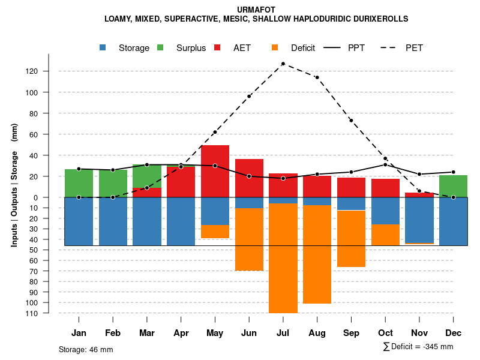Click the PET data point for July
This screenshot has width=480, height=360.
[283, 64]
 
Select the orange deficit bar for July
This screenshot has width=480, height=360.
[283, 258]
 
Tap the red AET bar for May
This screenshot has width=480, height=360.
[215, 171]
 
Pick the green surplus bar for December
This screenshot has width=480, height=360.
[453, 186]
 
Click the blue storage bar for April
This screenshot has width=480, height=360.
[181, 221]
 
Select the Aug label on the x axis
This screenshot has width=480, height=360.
[317, 333]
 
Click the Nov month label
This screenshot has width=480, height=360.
[419, 333]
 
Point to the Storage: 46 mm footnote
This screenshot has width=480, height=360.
[86, 349]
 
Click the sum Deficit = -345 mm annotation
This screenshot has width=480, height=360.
[418, 347]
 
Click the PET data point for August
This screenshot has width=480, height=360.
[317, 77]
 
